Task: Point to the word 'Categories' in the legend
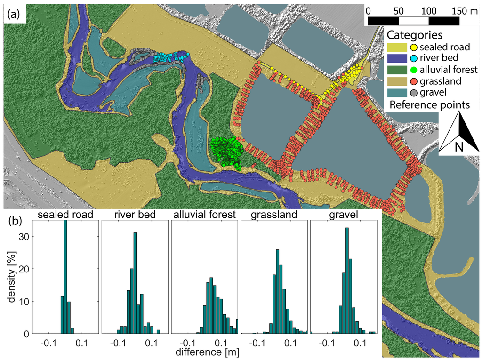click(x=414, y=35)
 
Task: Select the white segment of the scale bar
click(x=413, y=21)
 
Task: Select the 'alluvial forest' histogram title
click(x=204, y=215)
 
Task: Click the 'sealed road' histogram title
click(x=65, y=215)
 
